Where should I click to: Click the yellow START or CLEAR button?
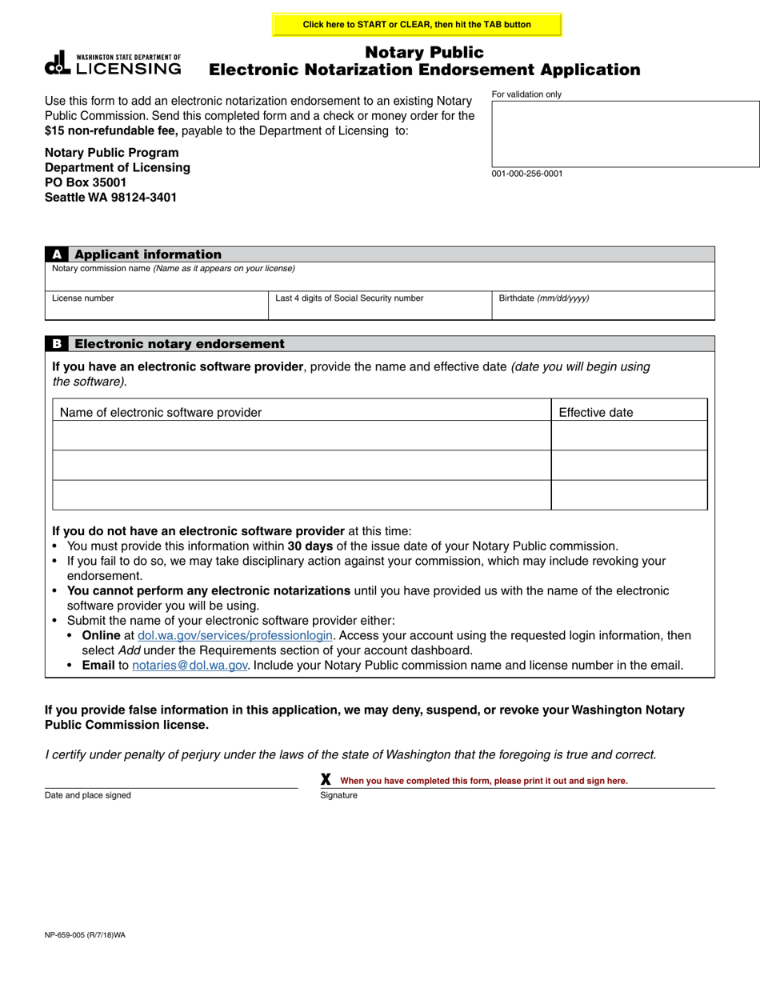pos(417,25)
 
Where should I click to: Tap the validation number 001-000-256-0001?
pos(527,174)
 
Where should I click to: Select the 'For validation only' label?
pos(526,94)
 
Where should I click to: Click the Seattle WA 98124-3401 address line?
pos(110,198)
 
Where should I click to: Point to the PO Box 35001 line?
pos(86,182)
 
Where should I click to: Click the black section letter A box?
pos(56,254)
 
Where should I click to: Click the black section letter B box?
pos(56,344)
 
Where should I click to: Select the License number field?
pos(156,306)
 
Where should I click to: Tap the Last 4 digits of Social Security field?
pos(379,306)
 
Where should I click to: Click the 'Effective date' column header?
pos(595,413)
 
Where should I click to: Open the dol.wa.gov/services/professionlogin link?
pos(235,635)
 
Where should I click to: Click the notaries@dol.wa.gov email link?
pos(190,665)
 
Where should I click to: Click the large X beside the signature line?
pos(326,779)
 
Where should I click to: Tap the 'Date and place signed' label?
pos(88,795)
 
